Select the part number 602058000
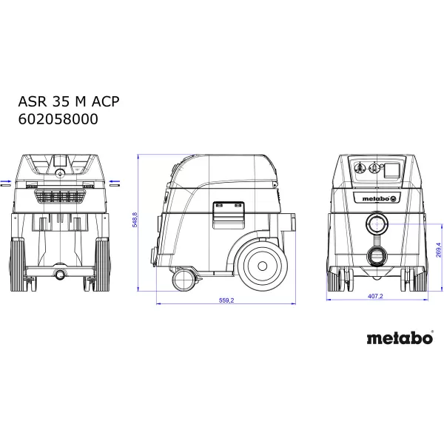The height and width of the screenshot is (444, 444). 57,118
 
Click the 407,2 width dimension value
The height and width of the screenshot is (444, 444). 375,296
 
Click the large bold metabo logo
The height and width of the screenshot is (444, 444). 400,338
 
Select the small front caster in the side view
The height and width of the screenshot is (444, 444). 181,280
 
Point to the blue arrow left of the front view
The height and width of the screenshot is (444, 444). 5,180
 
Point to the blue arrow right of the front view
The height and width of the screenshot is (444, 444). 115,180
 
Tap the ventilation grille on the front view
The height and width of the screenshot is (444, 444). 61,197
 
